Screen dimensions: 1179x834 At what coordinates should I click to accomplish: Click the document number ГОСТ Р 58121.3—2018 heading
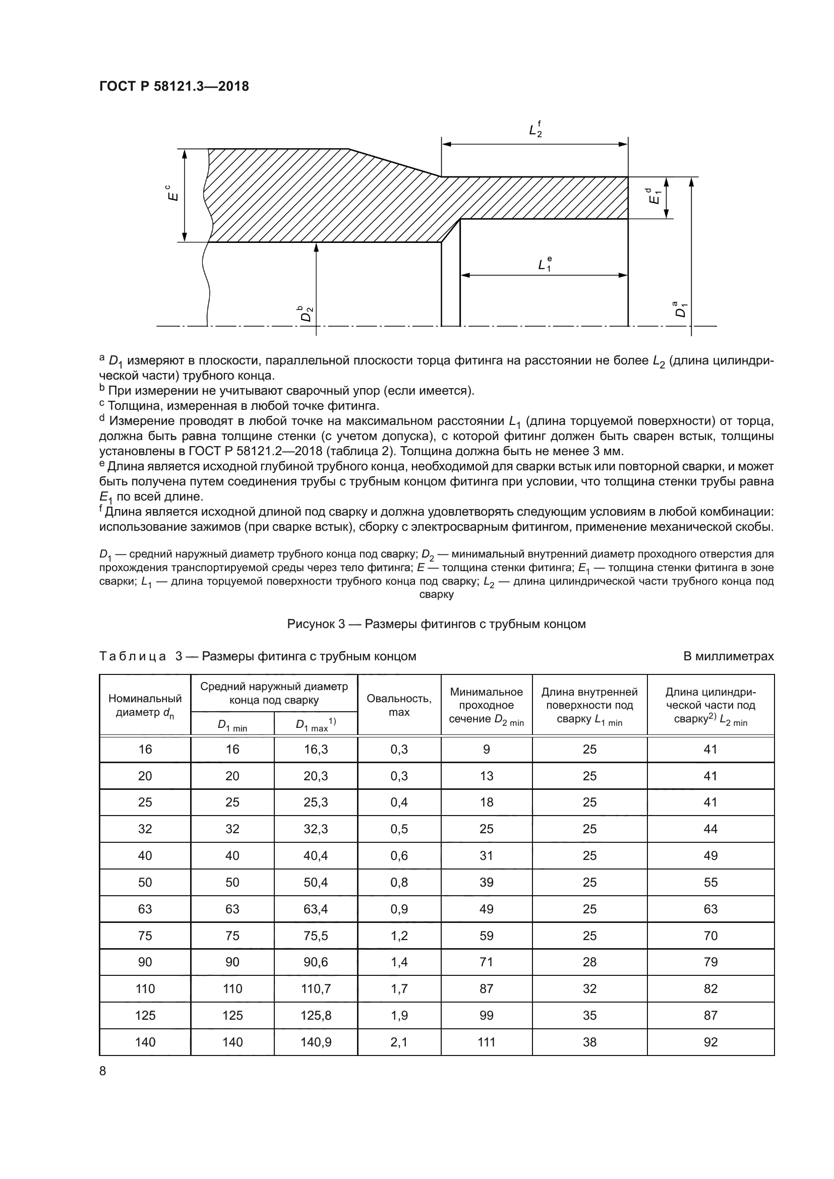click(x=173, y=86)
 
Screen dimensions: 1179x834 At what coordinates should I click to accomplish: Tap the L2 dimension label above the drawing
click(x=535, y=130)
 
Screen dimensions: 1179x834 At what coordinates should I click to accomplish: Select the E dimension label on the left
click(x=174, y=193)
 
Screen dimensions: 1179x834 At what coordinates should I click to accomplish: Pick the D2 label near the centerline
click(x=307, y=313)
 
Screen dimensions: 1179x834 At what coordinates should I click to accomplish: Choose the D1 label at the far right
click(x=680, y=309)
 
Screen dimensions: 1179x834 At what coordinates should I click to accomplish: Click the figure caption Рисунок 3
click(x=436, y=624)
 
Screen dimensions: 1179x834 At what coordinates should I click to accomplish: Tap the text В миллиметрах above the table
click(x=728, y=656)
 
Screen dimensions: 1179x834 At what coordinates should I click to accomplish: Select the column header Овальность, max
click(x=399, y=705)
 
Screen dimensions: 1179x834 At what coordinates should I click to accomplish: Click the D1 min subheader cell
click(x=232, y=724)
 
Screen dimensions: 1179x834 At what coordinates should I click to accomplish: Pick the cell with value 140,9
click(x=316, y=1042)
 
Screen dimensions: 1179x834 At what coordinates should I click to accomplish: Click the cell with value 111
click(x=486, y=1042)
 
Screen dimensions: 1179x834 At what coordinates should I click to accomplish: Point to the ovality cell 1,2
click(x=399, y=936)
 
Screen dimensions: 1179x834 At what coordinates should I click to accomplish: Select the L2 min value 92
click(x=710, y=1042)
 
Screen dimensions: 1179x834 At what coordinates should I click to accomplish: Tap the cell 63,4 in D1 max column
click(x=316, y=909)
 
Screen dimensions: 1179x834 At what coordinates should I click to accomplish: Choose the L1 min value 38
click(x=589, y=1042)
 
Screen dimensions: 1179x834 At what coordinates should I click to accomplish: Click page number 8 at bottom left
click(x=103, y=1071)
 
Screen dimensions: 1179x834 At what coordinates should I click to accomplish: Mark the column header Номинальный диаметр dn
click(x=145, y=705)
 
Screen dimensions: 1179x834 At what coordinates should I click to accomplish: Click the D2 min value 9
click(x=486, y=749)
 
